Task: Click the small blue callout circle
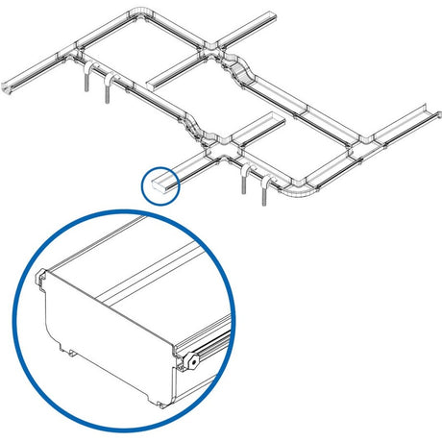(x=160, y=185)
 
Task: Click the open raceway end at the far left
(x=9, y=87)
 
